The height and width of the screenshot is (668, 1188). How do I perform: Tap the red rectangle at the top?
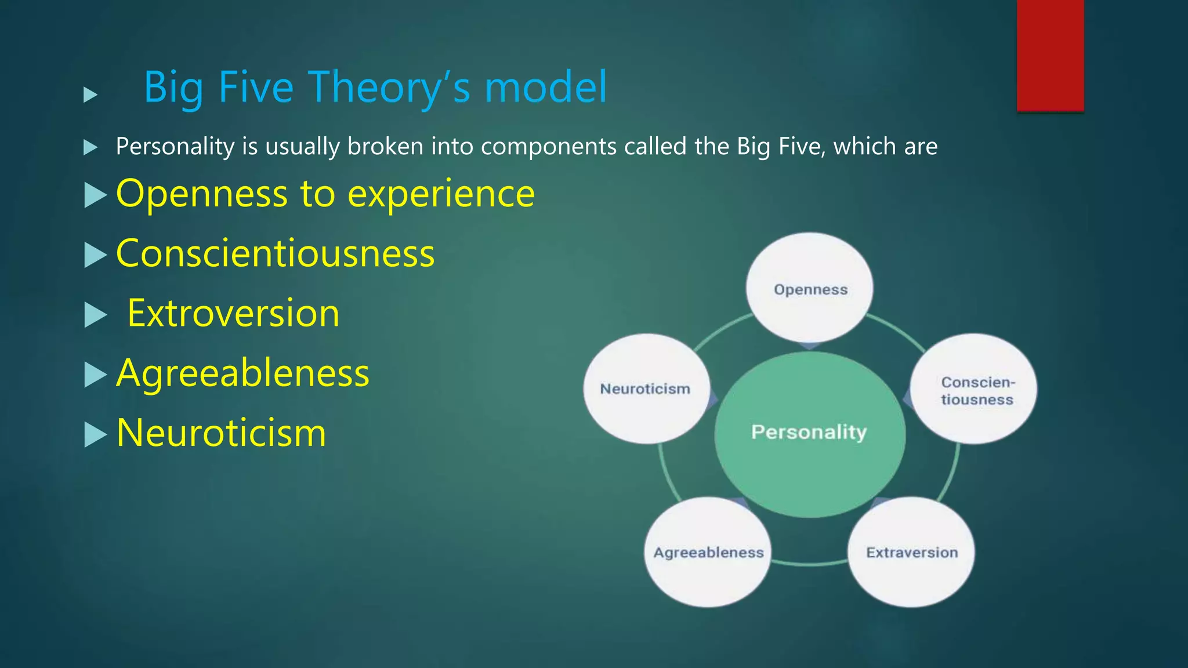click(1050, 55)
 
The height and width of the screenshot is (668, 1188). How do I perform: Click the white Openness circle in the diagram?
click(810, 288)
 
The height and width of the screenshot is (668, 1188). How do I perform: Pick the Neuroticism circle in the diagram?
click(646, 389)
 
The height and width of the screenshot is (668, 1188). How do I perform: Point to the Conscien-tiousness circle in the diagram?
click(975, 390)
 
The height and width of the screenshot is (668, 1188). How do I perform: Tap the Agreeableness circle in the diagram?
click(708, 552)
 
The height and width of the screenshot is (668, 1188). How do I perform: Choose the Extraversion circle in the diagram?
click(911, 552)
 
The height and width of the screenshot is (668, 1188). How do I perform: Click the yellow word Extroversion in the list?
click(233, 314)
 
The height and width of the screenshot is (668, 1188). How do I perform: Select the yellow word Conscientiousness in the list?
click(276, 254)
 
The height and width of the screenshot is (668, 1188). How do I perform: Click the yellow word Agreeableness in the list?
click(242, 373)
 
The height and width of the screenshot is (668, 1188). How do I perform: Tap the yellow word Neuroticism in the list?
click(221, 433)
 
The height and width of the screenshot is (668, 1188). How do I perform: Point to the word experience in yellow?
click(441, 194)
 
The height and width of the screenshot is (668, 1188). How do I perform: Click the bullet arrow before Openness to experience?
click(95, 195)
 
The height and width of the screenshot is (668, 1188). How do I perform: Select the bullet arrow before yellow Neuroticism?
click(95, 434)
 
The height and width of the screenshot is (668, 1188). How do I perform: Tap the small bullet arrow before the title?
click(90, 95)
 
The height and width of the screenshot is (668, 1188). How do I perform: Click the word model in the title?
click(545, 87)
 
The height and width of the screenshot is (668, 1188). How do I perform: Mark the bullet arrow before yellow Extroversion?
click(95, 315)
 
